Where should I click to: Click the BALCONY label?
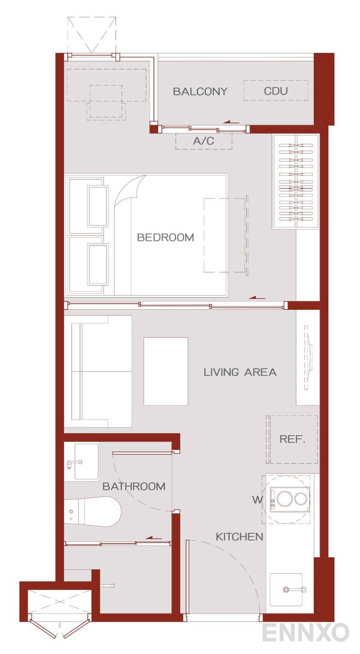[200, 91]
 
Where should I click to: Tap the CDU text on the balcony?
[275, 91]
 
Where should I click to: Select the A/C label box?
[204, 141]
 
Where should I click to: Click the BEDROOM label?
[166, 237]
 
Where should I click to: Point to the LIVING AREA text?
[240, 372]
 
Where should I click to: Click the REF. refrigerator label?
[292, 439]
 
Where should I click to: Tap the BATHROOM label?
[134, 486]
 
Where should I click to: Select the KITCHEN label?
[239, 537]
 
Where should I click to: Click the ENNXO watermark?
[306, 632]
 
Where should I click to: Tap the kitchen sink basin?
[286, 589]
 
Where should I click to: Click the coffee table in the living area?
[166, 371]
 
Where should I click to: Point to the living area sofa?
[98, 371]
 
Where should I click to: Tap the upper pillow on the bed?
[98, 206]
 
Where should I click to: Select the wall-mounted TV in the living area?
[309, 357]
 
